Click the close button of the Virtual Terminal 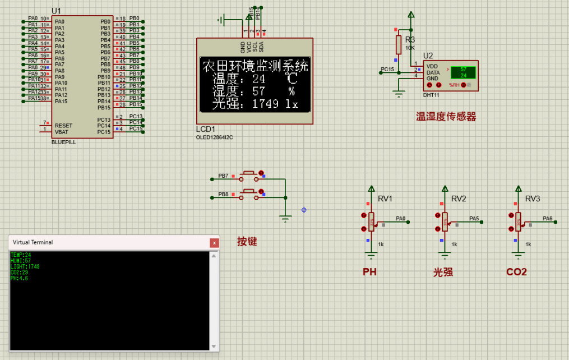(x=214, y=243)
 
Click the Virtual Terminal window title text (x=33, y=242)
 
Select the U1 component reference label (x=56, y=11)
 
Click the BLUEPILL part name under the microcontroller (x=63, y=142)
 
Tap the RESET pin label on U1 (x=63, y=126)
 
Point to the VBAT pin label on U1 (x=62, y=132)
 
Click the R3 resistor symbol (x=399, y=44)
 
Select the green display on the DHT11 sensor (x=463, y=72)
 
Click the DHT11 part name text (x=431, y=95)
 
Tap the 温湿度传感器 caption (x=446, y=117)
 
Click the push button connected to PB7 (x=249, y=176)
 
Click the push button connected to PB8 (x=249, y=194)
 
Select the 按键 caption (x=247, y=242)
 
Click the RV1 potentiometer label (x=385, y=199)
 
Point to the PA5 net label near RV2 (x=474, y=219)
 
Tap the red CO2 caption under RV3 (x=516, y=272)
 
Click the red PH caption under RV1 (x=369, y=272)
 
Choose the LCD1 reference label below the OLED (x=205, y=130)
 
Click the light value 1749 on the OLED (x=265, y=104)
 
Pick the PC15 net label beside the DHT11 (x=387, y=70)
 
